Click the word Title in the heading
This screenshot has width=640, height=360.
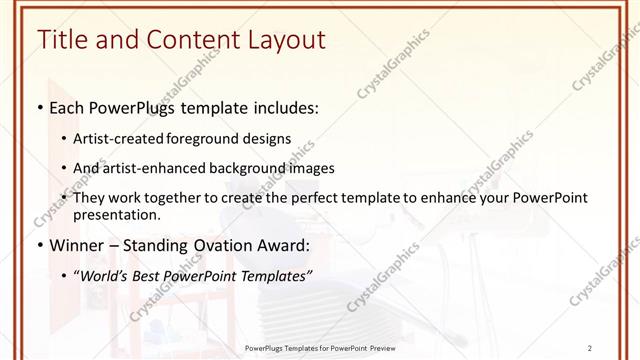click(x=62, y=40)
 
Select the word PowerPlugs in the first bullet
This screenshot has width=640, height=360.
click(x=131, y=107)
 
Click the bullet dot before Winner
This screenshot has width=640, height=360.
click(x=39, y=245)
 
